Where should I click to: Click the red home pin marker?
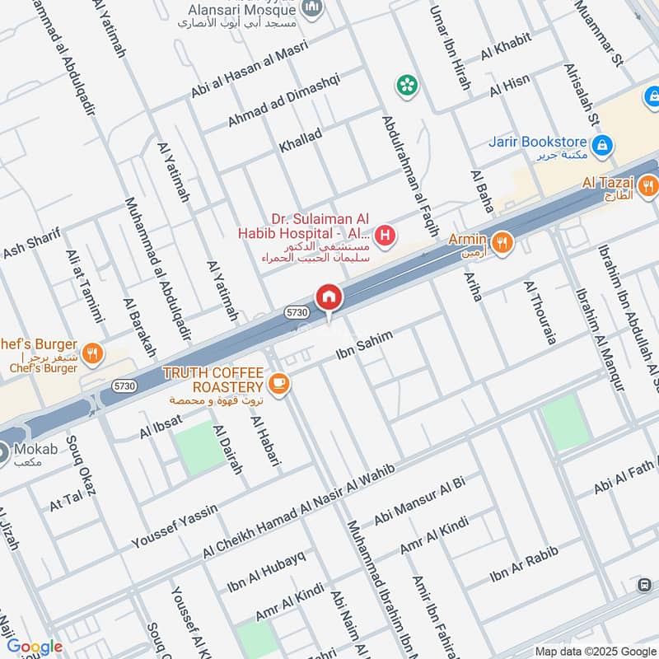coord(328,297)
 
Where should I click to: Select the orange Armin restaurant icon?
coord(501,242)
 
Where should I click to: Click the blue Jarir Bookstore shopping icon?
coord(604,145)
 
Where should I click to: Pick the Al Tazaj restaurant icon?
coord(648,185)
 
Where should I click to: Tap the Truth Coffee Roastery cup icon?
coord(279,384)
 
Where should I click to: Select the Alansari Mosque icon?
coord(312,9)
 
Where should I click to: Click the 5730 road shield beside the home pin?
coord(297,312)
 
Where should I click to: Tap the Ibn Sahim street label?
coord(365,344)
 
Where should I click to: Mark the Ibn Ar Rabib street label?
coord(524,564)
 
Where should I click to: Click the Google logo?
coord(35,647)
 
